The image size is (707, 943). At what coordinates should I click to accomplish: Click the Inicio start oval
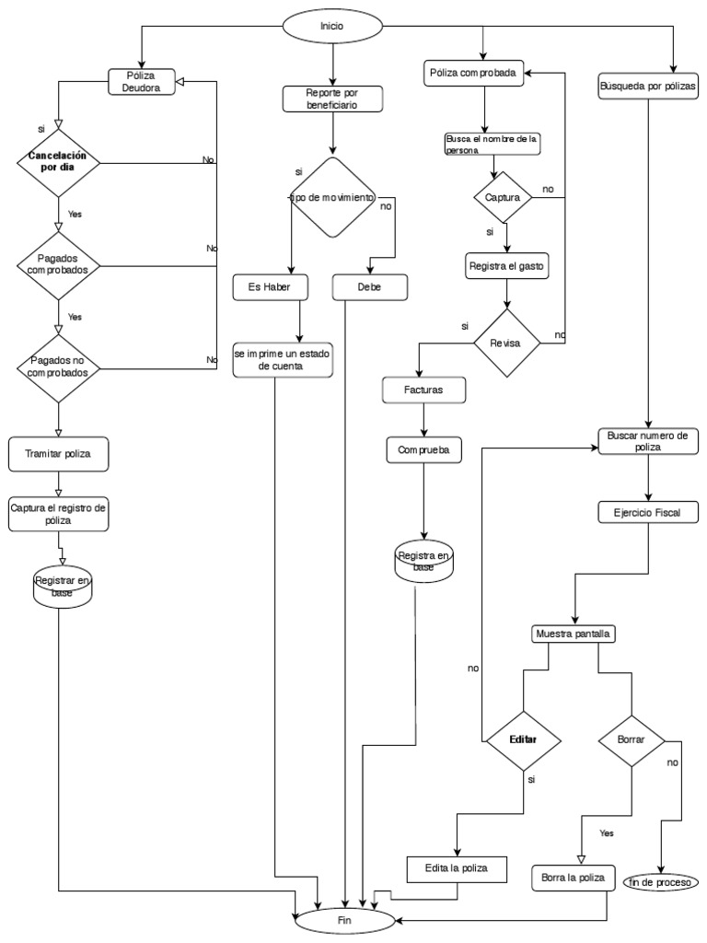click(x=331, y=27)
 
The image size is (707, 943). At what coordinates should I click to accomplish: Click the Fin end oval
click(x=345, y=919)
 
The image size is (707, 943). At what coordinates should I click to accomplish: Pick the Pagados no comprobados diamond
click(x=59, y=367)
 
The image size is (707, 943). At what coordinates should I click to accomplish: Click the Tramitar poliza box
click(x=58, y=454)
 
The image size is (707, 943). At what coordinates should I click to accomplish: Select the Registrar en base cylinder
click(x=63, y=586)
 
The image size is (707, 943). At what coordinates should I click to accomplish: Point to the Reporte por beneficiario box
click(x=331, y=99)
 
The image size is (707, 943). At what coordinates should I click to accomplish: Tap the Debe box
click(x=369, y=287)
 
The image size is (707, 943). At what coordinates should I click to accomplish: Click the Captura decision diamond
click(x=503, y=197)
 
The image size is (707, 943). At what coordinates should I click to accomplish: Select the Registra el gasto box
click(x=507, y=266)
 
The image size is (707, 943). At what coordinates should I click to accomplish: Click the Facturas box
click(x=423, y=390)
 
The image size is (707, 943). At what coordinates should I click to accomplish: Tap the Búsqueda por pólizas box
click(x=648, y=86)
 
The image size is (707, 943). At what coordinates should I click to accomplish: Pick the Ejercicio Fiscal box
click(x=649, y=512)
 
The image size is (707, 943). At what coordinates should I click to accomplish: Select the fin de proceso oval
click(x=661, y=881)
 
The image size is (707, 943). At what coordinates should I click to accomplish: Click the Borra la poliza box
click(x=573, y=877)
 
